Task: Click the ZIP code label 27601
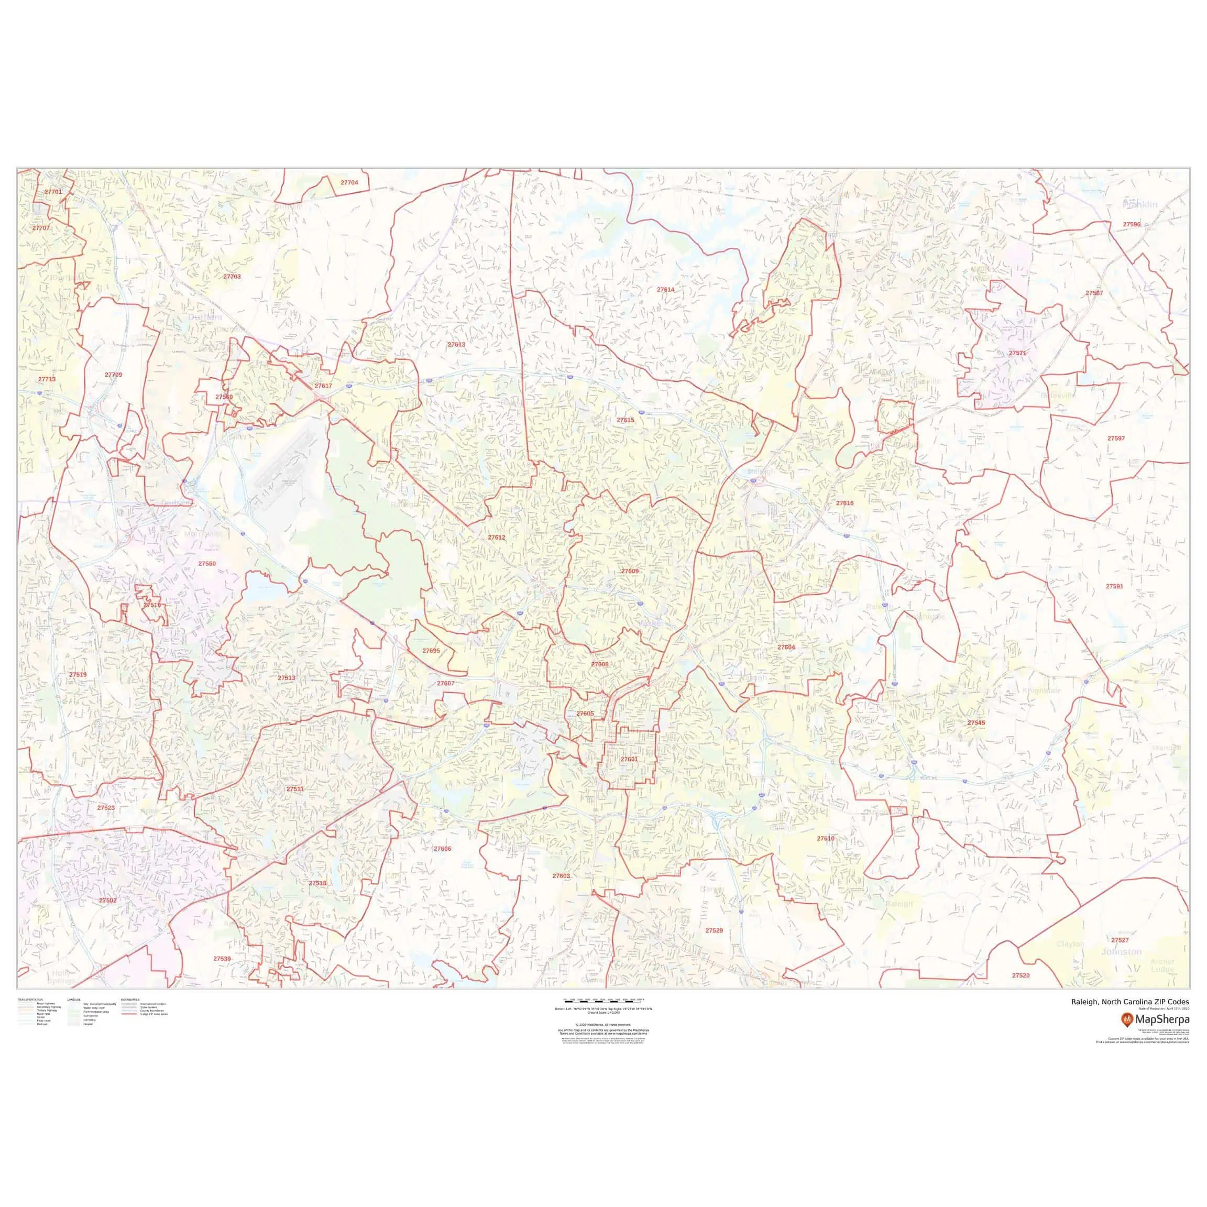pyautogui.click(x=629, y=759)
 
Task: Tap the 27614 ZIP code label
pyautogui.click(x=665, y=290)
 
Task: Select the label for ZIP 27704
pyautogui.click(x=349, y=182)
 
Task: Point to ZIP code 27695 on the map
pyautogui.click(x=431, y=651)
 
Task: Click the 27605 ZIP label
pyautogui.click(x=585, y=714)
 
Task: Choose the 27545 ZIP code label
pyautogui.click(x=976, y=723)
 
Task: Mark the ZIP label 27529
pyautogui.click(x=714, y=931)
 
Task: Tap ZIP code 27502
pyautogui.click(x=107, y=900)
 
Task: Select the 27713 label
pyautogui.click(x=47, y=379)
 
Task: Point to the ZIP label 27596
pyautogui.click(x=1132, y=224)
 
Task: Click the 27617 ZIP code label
pyautogui.click(x=323, y=386)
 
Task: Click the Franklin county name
pyautogui.click(x=1139, y=204)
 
